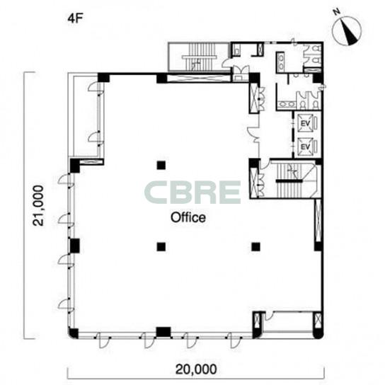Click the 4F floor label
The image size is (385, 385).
[74, 18]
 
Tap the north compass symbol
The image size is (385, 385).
[347, 30]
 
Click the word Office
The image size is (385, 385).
[188, 217]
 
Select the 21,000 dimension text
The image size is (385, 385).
[38, 205]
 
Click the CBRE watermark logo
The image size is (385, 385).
[192, 192]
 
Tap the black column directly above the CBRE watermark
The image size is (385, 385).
[161, 165]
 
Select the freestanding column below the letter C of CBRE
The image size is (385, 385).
[161, 246]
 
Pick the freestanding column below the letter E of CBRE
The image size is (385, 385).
[256, 246]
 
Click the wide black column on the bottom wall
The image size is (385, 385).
[163, 332]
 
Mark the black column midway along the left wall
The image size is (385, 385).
[74, 246]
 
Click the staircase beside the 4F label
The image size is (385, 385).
[200, 57]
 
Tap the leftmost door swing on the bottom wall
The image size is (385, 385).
[103, 340]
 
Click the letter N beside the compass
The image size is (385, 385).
[336, 11]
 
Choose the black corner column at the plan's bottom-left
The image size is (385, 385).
[73, 333]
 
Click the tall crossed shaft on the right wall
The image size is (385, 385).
[318, 221]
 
